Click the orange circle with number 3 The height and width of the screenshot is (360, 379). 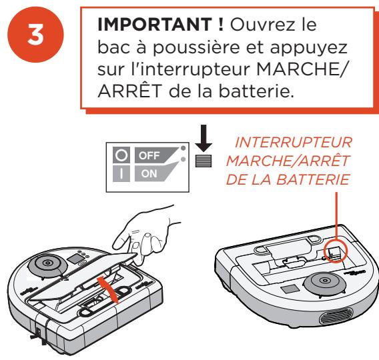(35, 35)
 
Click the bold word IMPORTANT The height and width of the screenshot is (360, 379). (155, 25)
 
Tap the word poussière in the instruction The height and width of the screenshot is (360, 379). (196, 47)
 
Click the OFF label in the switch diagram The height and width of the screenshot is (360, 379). (149, 155)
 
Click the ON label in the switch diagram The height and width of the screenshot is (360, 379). (149, 173)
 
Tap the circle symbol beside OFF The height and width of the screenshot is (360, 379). (121, 155)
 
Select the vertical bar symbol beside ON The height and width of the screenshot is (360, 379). (121, 173)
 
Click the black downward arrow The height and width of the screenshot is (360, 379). (204, 138)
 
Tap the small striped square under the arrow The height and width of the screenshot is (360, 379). (204, 161)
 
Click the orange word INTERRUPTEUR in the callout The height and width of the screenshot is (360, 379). (294, 142)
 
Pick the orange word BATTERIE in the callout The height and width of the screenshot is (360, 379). (313, 179)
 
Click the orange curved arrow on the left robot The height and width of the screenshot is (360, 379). (108, 289)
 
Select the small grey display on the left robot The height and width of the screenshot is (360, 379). (75, 259)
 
